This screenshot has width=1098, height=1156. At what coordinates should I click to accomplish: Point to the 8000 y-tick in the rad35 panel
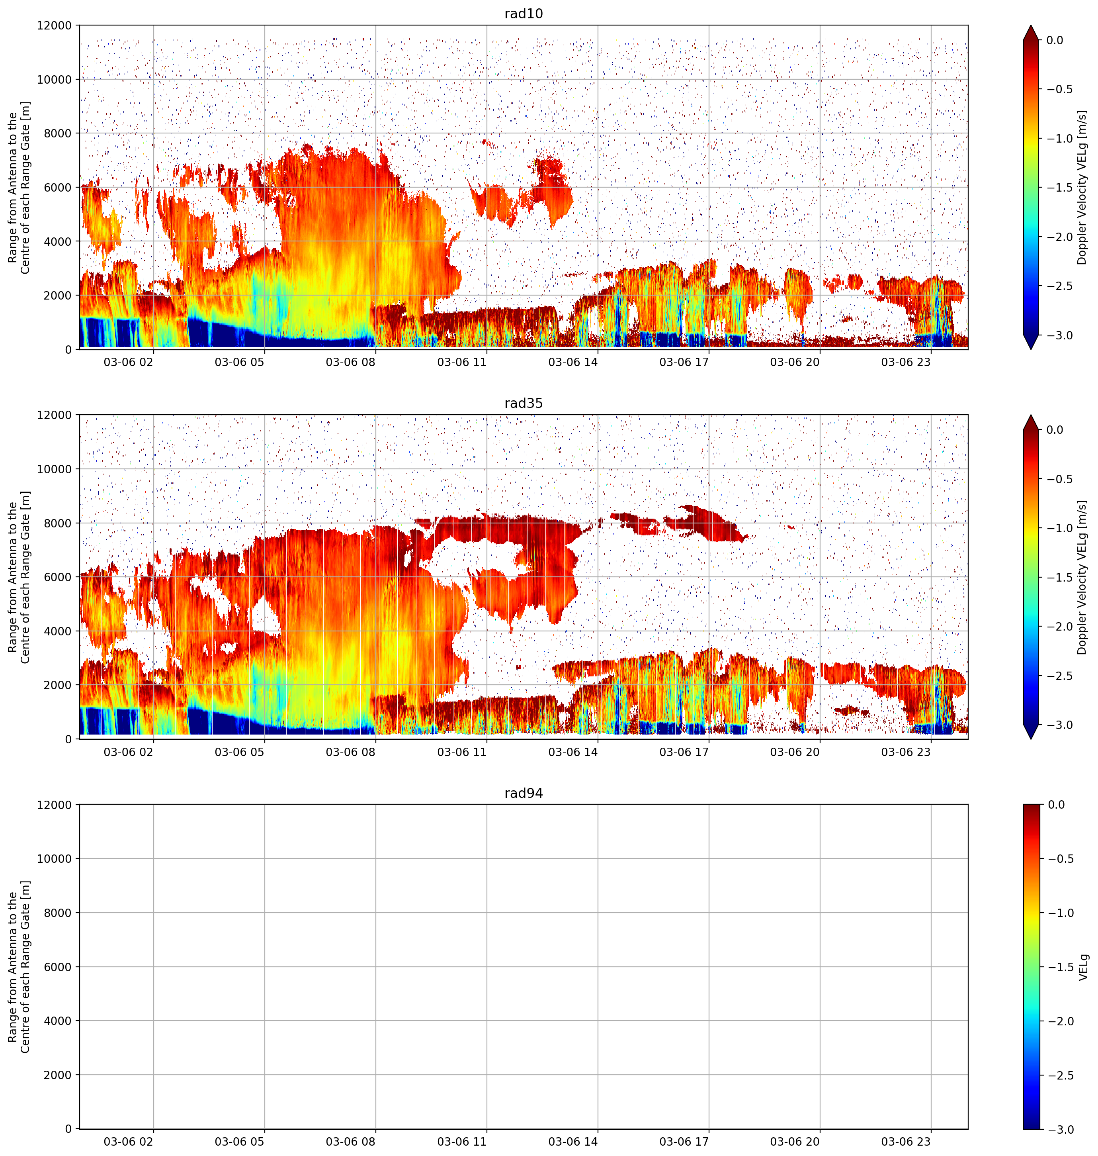(x=58, y=523)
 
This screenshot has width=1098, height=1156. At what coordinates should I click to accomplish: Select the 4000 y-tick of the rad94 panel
(x=58, y=1021)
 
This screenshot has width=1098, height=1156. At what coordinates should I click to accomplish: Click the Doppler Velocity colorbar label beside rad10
(x=1082, y=187)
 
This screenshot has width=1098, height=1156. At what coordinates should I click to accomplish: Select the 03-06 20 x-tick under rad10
(x=794, y=362)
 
